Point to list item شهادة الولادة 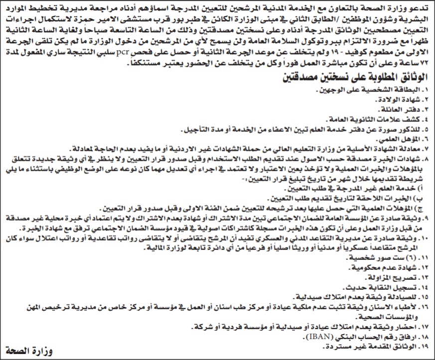tap(395, 100)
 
